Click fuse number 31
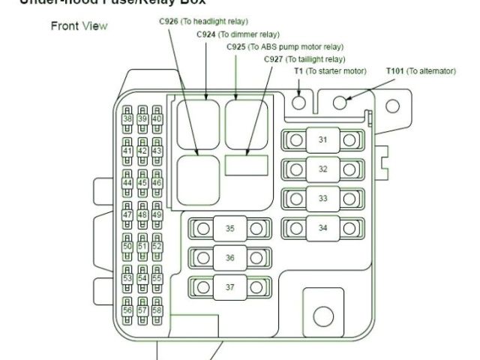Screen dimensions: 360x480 (322, 140)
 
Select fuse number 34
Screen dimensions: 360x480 (322, 227)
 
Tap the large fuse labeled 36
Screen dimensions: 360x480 (229, 257)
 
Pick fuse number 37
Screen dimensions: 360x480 (229, 286)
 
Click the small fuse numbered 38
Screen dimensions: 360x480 (127, 118)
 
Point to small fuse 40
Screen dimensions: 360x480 (157, 118)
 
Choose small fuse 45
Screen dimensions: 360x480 (142, 183)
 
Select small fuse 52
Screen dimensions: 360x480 (157, 246)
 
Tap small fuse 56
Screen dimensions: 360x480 (127, 310)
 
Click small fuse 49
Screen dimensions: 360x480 (157, 214)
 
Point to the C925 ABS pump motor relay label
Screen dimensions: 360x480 (285, 46)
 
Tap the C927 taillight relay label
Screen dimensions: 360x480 (304, 58)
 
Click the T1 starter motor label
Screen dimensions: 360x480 (329, 71)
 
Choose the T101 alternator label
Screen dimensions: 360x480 (420, 71)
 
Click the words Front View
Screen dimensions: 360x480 (79, 26)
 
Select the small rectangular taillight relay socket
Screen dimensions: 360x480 (247, 164)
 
